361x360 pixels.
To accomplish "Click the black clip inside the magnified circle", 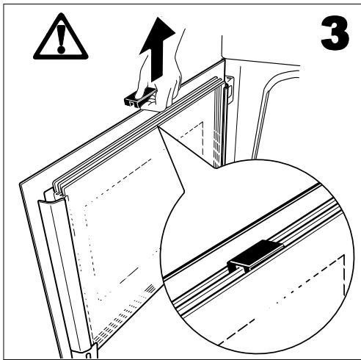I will [x=251, y=255].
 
